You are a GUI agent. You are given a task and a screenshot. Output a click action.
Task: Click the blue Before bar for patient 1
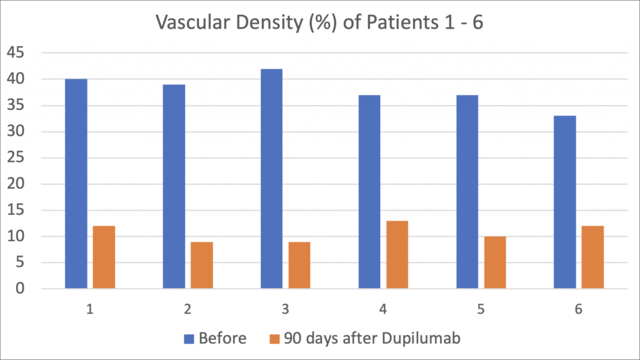click(x=76, y=184)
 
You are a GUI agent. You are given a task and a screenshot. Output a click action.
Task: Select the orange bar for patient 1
click(x=104, y=257)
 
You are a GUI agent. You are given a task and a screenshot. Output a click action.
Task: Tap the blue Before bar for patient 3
click(x=271, y=179)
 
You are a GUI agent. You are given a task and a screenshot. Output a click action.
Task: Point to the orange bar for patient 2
click(x=201, y=265)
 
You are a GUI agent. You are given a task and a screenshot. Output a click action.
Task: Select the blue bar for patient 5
click(x=467, y=192)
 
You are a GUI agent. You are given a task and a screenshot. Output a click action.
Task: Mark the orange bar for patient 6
click(x=592, y=257)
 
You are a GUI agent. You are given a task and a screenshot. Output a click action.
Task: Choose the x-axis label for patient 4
click(x=383, y=309)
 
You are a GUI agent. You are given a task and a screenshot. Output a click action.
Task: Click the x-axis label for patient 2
click(x=187, y=309)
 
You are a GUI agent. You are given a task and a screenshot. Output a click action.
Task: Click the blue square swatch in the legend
click(x=190, y=339)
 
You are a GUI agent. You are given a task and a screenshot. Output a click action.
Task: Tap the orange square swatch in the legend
click(x=274, y=339)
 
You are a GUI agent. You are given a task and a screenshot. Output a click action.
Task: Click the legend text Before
click(x=222, y=339)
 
